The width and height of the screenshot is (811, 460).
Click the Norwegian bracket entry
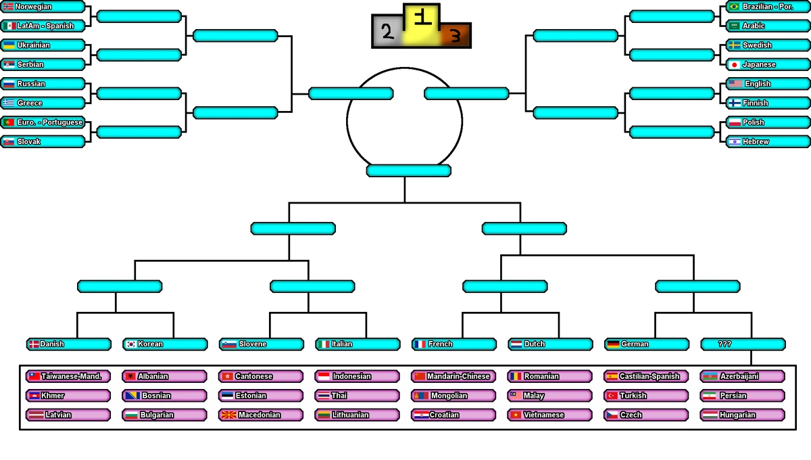(43, 7)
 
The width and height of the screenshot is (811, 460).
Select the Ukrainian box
(43, 45)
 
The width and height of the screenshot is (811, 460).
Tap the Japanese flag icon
(735, 65)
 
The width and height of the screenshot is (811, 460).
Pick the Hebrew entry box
(768, 142)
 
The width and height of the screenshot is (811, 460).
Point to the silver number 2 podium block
(387, 31)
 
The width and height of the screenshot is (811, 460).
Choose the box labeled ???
(743, 344)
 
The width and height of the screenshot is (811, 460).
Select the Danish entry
(69, 344)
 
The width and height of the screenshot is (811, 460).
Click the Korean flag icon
(131, 344)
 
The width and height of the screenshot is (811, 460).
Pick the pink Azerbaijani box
(743, 376)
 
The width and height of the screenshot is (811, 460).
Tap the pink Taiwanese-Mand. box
(69, 376)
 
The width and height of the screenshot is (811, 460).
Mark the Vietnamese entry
(550, 415)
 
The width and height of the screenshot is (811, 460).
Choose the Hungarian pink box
(743, 415)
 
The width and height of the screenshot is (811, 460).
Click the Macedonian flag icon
(227, 415)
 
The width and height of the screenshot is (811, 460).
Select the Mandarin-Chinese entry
(454, 376)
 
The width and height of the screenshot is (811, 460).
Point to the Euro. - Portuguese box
(43, 122)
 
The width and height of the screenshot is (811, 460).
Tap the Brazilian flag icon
(735, 7)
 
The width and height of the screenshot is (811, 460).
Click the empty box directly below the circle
(408, 170)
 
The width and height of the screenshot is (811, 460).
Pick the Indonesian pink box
(358, 376)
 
